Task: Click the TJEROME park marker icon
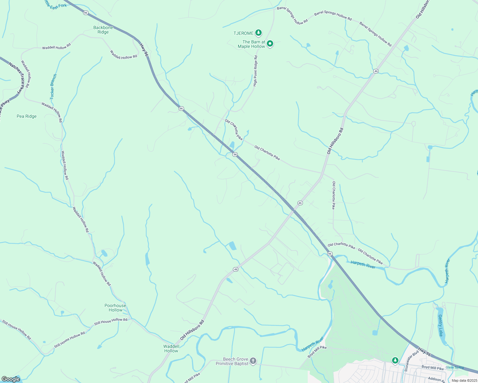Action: click(258, 33)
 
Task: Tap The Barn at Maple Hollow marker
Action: click(270, 44)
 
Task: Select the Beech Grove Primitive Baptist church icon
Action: click(253, 361)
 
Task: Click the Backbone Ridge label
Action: click(103, 30)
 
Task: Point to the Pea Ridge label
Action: click(27, 116)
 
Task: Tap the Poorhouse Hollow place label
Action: click(115, 308)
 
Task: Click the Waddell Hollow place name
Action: click(171, 349)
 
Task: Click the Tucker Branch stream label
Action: click(53, 86)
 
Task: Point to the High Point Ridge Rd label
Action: click(255, 71)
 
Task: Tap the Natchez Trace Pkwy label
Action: click(16, 79)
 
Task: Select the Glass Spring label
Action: click(454, 367)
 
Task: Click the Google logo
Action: click(11, 379)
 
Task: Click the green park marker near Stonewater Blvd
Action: click(395, 360)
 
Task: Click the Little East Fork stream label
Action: click(56, 5)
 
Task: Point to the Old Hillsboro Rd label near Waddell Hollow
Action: click(192, 330)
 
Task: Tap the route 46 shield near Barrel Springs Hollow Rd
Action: click(376, 71)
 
